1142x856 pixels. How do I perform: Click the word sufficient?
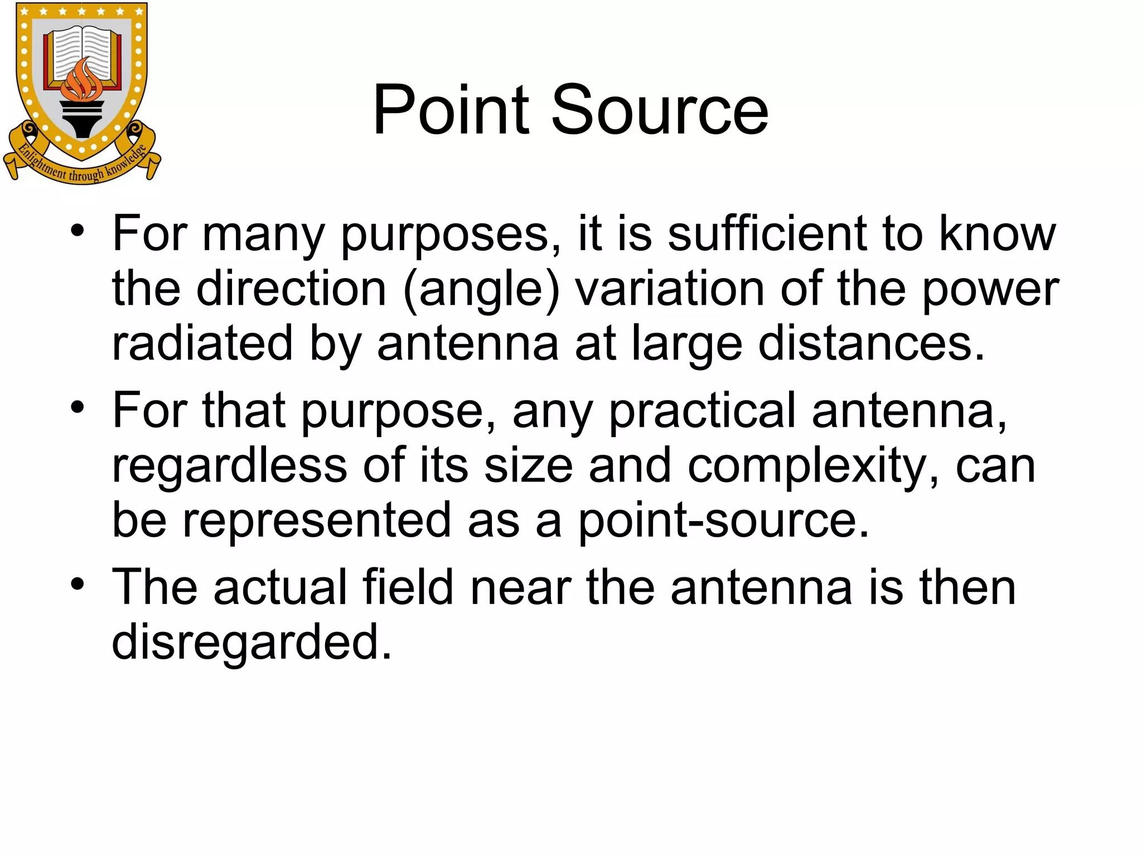767,234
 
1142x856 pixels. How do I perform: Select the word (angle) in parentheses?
481,290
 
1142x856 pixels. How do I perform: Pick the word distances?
872,343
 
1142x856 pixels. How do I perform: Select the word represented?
317,520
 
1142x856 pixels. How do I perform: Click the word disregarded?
252,642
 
